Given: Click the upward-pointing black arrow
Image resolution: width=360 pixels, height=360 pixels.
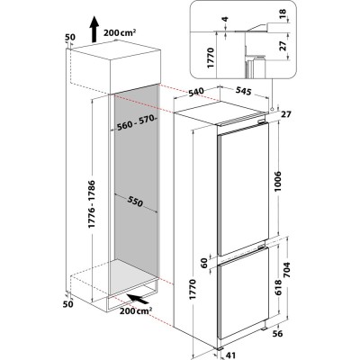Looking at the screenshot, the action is click(x=94, y=29).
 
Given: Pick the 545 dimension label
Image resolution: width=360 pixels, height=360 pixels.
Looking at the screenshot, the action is click(x=243, y=91).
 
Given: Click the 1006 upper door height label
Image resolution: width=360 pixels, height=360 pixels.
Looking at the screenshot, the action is click(x=278, y=183).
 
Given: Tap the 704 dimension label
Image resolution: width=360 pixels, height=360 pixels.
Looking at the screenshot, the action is click(x=286, y=271).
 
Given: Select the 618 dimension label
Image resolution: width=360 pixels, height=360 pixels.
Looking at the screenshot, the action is click(x=278, y=287).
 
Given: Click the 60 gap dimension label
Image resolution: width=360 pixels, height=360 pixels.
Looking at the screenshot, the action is click(x=204, y=264).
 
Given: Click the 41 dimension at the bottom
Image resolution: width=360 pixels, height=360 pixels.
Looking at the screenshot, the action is click(x=229, y=355).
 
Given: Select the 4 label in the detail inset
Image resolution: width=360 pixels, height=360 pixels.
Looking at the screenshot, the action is click(x=225, y=19).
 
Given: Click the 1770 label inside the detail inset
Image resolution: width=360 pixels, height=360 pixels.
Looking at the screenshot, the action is click(x=211, y=58).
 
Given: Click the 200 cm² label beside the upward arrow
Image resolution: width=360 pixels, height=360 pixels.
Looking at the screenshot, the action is click(x=120, y=32).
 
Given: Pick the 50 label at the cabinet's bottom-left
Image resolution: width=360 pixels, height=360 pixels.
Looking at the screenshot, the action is click(x=68, y=304).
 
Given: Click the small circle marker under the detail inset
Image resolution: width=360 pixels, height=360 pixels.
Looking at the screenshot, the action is click(x=272, y=109).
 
